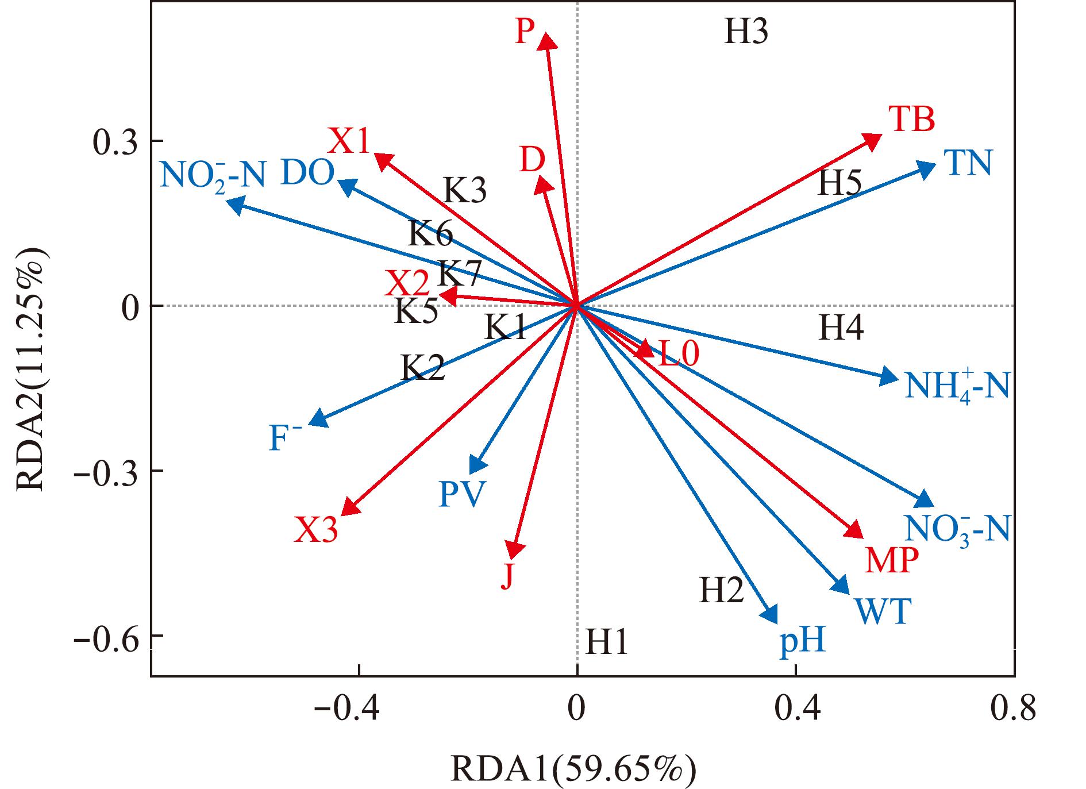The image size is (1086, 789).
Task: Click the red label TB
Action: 912,120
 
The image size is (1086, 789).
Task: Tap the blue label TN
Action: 968,163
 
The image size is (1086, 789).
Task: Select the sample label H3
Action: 746,32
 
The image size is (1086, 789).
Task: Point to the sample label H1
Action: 606,642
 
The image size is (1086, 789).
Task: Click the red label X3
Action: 316,530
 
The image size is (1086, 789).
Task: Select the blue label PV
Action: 462,494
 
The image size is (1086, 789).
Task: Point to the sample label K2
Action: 423,368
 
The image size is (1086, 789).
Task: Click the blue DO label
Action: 307,172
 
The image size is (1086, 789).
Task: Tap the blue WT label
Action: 882,611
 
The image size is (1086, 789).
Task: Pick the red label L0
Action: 679,353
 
